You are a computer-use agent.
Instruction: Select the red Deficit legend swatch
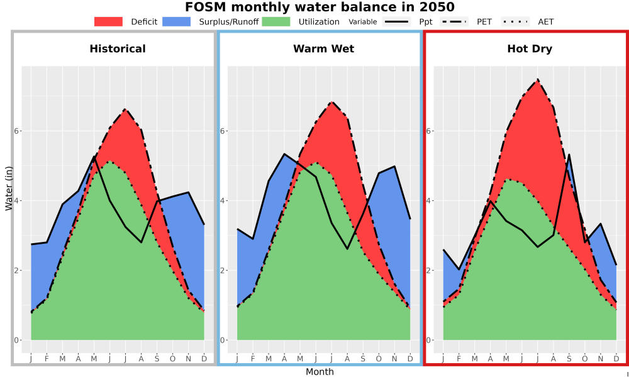click(x=108, y=21)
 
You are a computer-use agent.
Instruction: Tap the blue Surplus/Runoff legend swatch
click(x=177, y=21)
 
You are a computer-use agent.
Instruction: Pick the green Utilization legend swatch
click(x=276, y=21)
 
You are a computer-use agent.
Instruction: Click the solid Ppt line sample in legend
click(x=396, y=21)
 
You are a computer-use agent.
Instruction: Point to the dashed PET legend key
click(x=454, y=21)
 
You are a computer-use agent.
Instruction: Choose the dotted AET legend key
click(x=516, y=21)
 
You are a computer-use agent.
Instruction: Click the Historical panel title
click(x=118, y=49)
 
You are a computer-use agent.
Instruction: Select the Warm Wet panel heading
click(x=324, y=49)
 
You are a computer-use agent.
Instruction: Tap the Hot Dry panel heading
click(x=530, y=49)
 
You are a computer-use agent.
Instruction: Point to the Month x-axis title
click(x=320, y=372)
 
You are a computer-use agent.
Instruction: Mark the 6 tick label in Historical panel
click(x=18, y=131)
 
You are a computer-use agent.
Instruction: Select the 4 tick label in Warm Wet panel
click(x=224, y=200)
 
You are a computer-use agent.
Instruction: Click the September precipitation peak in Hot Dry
click(x=569, y=155)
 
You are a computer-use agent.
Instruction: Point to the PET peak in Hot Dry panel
click(x=537, y=80)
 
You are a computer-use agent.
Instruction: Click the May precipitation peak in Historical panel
click(x=94, y=156)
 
